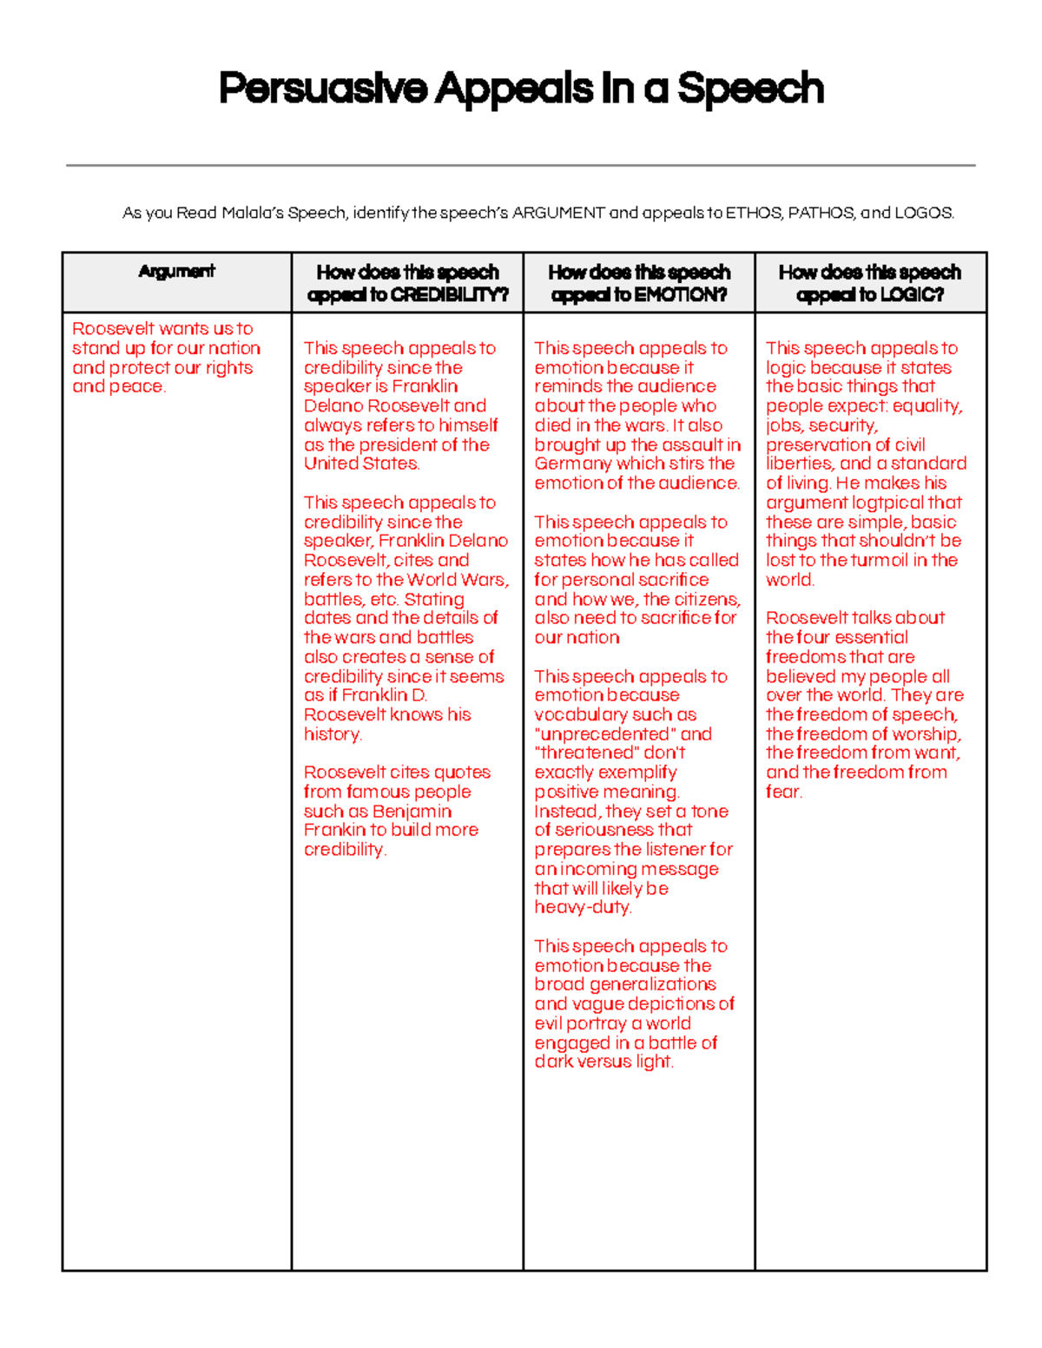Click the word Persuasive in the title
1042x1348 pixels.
tap(322, 89)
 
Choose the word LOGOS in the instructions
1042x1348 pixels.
tap(924, 213)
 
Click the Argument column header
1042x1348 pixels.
tap(176, 272)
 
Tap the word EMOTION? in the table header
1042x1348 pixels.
tap(681, 295)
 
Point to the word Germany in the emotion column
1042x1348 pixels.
tap(573, 464)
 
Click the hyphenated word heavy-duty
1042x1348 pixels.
tap(583, 908)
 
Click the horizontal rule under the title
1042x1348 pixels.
tap(521, 165)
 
